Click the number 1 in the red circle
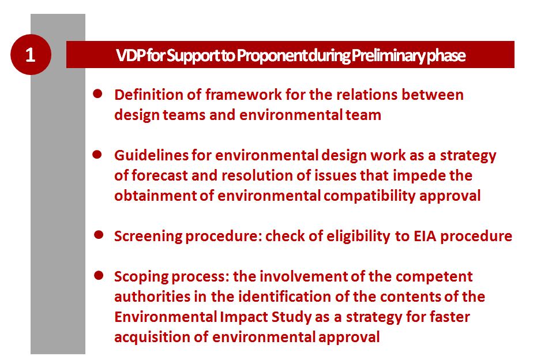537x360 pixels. pos(31,55)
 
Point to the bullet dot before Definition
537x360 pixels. pos(97,94)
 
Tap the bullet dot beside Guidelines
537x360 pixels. pos(97,155)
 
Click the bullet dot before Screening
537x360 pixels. pos(99,235)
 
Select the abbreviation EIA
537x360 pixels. pos(425,237)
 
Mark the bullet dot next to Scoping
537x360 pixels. pos(99,275)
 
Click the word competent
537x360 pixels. pos(433,277)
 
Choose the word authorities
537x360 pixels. pos(152,297)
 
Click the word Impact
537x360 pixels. pos(243,317)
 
